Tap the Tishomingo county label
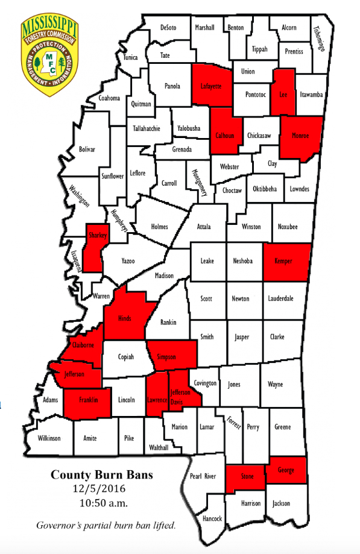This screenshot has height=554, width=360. [318, 37]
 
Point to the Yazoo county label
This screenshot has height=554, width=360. [128, 261]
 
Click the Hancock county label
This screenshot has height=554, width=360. [212, 518]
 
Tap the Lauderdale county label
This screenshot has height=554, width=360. [282, 298]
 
